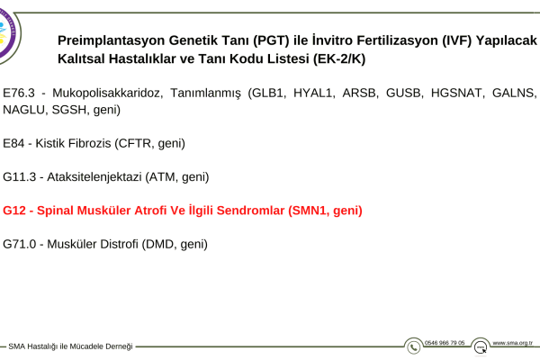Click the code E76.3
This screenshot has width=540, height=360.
19,93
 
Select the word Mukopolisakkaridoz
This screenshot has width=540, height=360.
107,94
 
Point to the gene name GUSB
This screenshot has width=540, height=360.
404,93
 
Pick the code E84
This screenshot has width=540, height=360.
13,143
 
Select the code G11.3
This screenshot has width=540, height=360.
19,176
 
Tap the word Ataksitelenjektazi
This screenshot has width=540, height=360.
94,177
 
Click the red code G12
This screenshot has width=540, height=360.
14,210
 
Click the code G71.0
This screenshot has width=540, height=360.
19,244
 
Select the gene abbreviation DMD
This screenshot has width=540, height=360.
160,244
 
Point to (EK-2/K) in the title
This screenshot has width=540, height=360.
339,58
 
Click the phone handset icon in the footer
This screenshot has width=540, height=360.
414,347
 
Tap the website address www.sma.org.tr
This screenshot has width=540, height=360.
512,343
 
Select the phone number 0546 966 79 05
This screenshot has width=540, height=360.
445,343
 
